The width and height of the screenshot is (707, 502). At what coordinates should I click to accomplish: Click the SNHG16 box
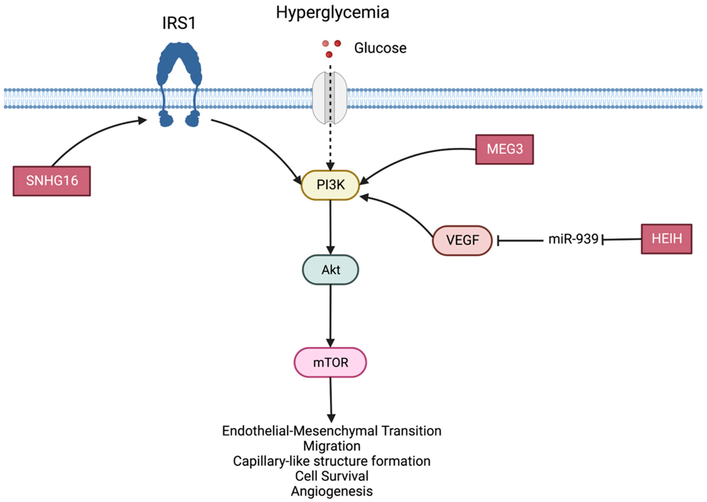52,181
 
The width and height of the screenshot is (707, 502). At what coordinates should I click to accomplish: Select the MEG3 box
504,149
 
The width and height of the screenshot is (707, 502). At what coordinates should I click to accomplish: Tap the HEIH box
666,239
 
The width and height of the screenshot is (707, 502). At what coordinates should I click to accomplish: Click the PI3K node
330,185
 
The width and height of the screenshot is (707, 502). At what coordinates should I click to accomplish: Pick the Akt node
330,269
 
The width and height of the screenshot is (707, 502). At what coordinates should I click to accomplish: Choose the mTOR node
330,362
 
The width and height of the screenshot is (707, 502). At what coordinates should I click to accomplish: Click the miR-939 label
573,239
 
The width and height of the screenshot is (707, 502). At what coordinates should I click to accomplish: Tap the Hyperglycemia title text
332,13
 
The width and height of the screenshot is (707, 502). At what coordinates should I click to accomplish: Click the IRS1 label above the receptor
179,23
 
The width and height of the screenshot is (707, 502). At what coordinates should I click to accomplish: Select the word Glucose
380,48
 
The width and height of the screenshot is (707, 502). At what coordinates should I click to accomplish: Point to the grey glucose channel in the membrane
330,98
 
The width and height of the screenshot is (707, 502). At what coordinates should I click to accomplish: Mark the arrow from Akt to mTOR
330,316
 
